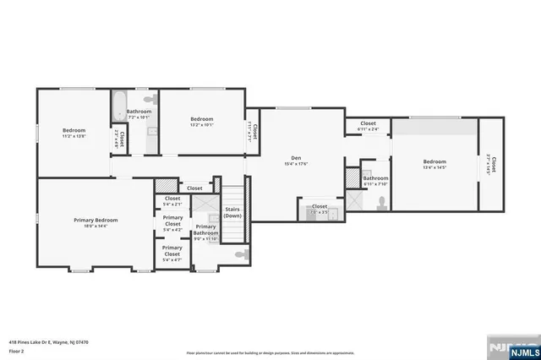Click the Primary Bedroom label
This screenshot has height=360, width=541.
point(95,220)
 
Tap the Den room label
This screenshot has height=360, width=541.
point(296,157)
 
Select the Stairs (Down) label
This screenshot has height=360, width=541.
point(232,212)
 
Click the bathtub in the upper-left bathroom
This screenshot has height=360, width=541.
point(117,107)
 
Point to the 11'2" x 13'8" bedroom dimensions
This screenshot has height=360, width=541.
point(74,136)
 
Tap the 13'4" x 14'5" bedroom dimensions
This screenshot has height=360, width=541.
point(434,167)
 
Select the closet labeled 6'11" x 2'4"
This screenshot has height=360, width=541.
point(368,126)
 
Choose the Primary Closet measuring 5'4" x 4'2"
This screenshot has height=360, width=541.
point(172,223)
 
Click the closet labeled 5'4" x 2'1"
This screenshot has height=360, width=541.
point(172,201)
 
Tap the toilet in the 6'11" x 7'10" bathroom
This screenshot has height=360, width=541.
point(382,202)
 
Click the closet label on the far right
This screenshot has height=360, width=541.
point(492,166)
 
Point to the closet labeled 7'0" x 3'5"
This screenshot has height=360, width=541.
point(320,209)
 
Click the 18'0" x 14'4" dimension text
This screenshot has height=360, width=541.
point(95,226)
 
